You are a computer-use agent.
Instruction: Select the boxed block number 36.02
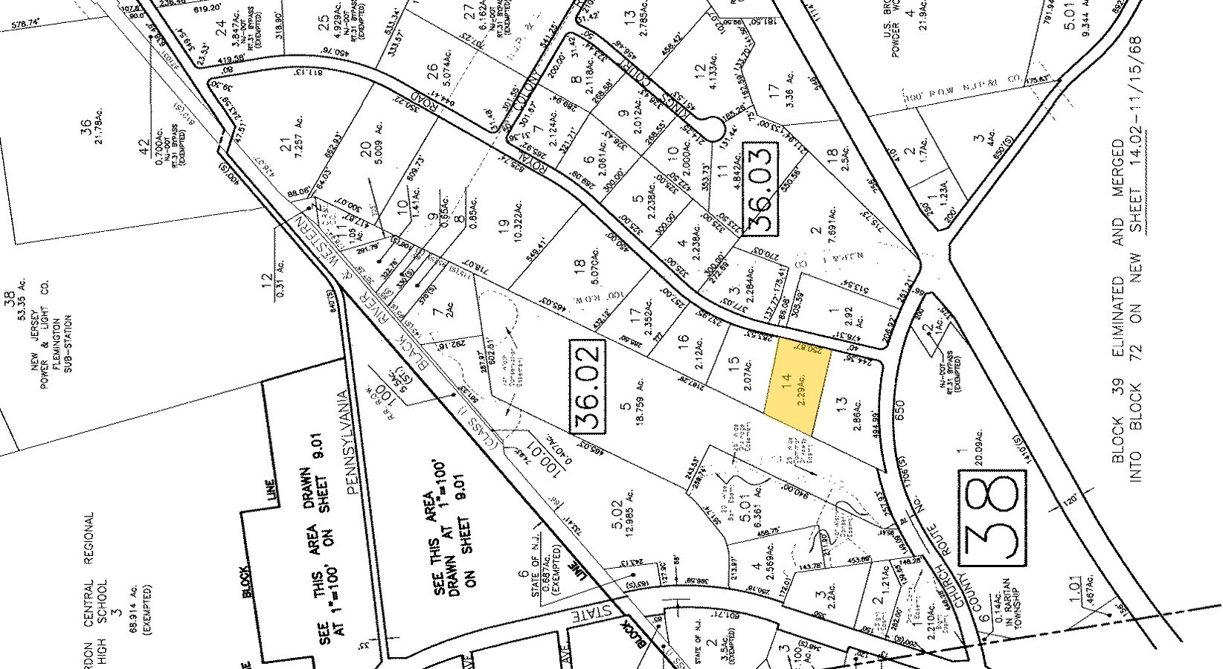tap(594, 387)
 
